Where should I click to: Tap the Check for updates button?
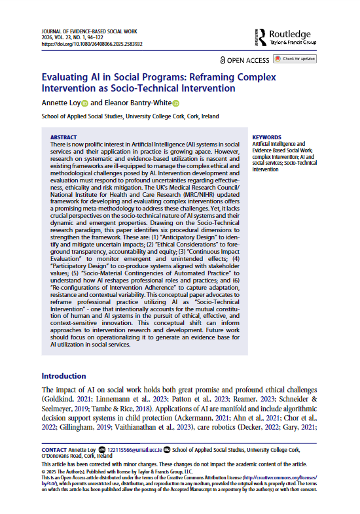294,60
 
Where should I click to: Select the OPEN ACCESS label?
245,60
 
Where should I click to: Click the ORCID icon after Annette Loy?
84,103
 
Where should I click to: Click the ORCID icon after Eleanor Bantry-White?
175,103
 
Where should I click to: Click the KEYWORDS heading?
267,137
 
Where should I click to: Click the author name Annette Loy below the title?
60,103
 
